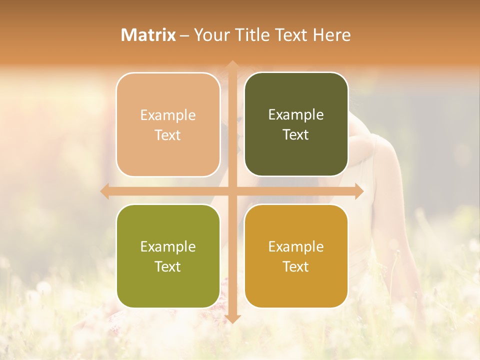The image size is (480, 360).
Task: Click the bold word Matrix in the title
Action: [x=148, y=35]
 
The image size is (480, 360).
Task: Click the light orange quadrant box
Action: [x=168, y=124]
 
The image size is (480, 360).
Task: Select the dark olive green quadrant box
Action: [x=296, y=124]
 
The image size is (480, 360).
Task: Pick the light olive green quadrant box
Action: [x=168, y=256]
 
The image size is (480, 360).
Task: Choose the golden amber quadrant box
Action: [x=296, y=256]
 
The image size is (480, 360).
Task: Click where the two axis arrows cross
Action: [x=232, y=191]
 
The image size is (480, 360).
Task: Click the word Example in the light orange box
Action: [x=168, y=115]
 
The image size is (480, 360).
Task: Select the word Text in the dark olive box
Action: [x=296, y=134]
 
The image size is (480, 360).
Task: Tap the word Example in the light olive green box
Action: [x=168, y=246]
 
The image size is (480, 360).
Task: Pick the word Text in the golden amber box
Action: [x=296, y=266]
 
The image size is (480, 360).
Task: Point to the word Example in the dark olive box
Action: [x=296, y=114]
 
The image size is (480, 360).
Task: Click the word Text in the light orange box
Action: [x=168, y=135]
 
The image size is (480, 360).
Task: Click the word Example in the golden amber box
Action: [x=296, y=246]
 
